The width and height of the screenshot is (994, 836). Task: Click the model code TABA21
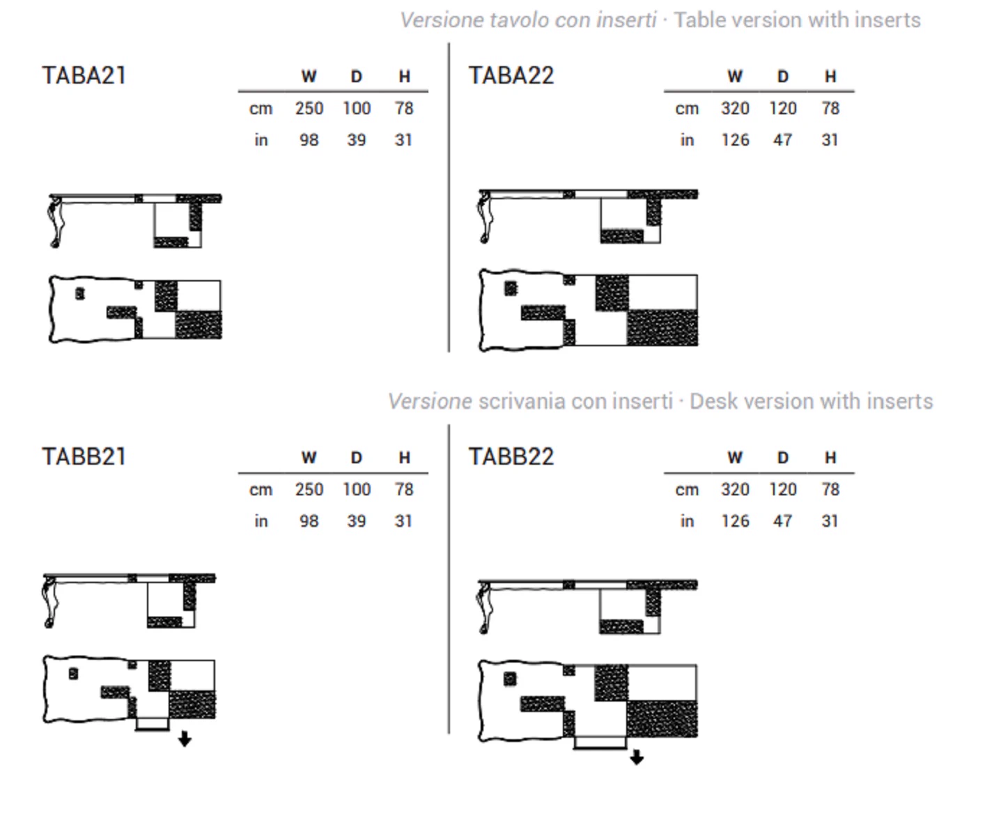84,75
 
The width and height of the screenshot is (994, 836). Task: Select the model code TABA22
511,75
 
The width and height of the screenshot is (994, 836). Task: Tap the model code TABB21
84,456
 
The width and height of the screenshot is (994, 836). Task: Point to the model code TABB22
511,456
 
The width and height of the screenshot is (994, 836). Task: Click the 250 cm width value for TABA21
309,109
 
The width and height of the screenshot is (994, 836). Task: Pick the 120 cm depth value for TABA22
783,109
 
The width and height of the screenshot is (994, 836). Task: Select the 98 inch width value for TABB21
309,521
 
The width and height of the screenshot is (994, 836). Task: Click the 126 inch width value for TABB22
735,521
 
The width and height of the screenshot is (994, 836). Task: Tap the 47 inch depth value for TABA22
783,140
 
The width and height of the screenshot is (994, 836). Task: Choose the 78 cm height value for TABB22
831,490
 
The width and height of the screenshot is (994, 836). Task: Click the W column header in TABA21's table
309,77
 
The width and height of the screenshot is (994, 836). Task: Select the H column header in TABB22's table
831,458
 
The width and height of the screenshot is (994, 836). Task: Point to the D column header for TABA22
783,77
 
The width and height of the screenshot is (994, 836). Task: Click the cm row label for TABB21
261,490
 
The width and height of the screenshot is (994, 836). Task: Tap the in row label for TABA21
261,140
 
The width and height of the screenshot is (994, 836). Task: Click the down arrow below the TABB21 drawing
185,739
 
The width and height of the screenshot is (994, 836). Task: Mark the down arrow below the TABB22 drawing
637,757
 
